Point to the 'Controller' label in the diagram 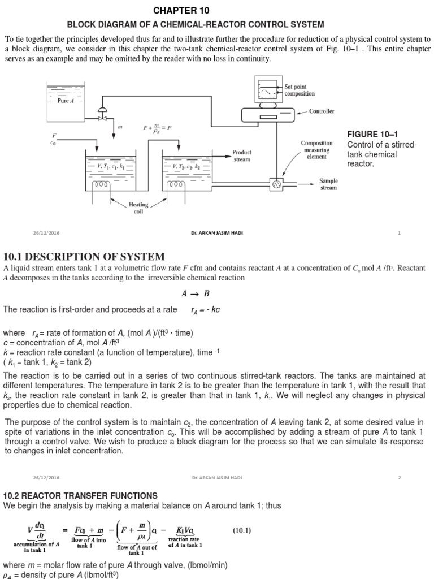[322, 111]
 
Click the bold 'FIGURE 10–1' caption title [372, 134]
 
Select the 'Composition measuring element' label [316, 150]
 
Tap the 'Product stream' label [242, 155]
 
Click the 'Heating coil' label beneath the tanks [138, 208]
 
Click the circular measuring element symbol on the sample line [277, 183]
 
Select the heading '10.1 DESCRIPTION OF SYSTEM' [85, 257]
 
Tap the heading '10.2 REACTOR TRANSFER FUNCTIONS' [81, 495]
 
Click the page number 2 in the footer [399, 477]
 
